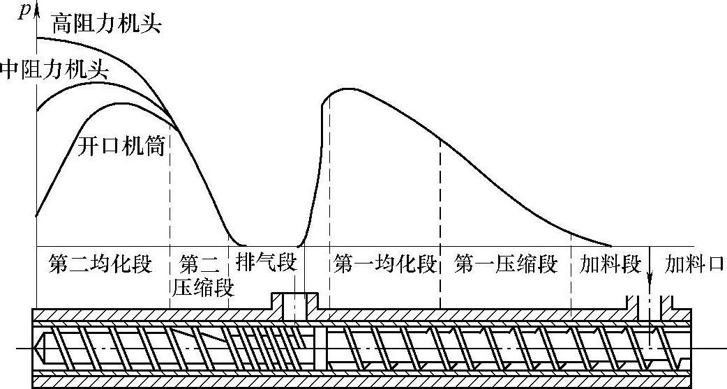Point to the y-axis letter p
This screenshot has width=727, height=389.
25,10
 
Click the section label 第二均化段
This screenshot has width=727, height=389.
100,264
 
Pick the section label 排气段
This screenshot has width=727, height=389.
267,264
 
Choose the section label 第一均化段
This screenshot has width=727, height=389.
385,264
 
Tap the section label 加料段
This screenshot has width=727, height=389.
610,264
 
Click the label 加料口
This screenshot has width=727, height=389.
694,264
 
